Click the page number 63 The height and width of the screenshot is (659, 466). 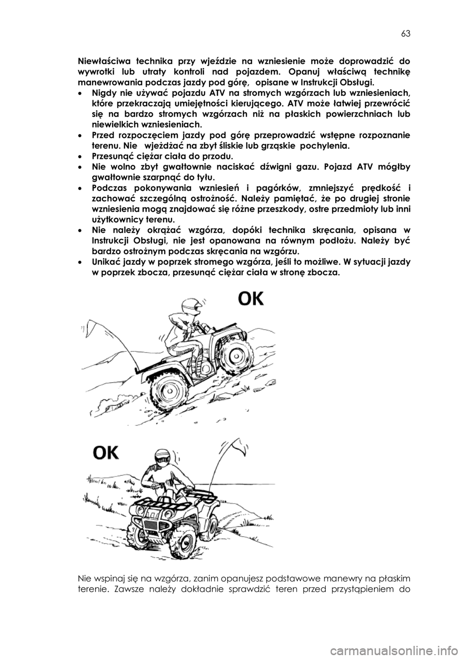[x=406, y=34]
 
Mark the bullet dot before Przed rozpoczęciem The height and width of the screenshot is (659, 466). [x=80, y=136]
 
